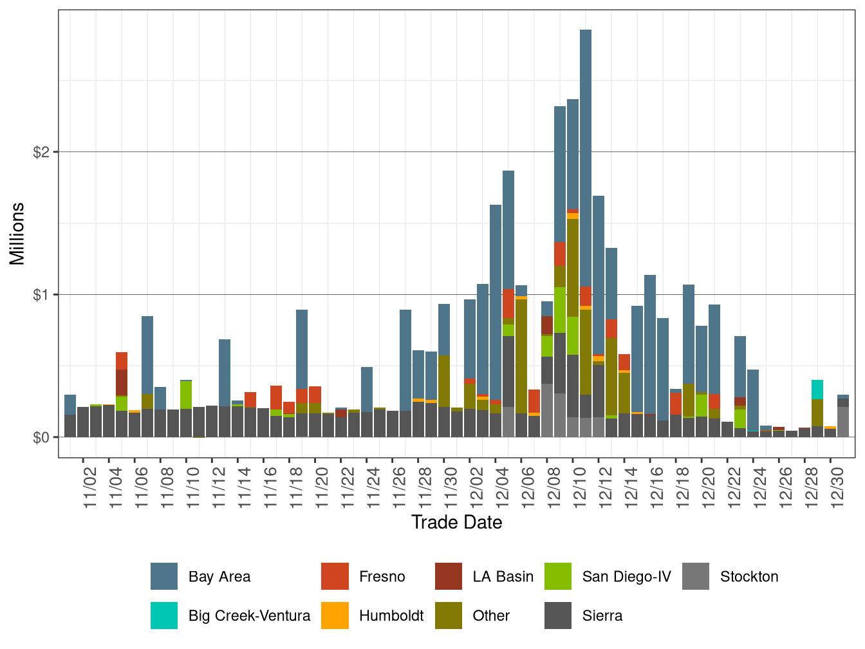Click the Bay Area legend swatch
[164, 576]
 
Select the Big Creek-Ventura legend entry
[248, 616]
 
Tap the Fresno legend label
[382, 576]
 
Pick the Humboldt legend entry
[391, 616]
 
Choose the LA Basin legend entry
[503, 576]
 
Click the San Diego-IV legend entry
[626, 576]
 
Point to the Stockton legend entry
[749, 576]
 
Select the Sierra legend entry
[602, 616]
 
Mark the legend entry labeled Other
[490, 616]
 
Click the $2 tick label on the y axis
[41, 152]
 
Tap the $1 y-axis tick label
[41, 295]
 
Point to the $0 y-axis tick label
[41, 438]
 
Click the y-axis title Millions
[17, 234]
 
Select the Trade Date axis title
[456, 522]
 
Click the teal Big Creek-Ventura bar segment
[817, 389]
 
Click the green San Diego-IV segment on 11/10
[186, 395]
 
